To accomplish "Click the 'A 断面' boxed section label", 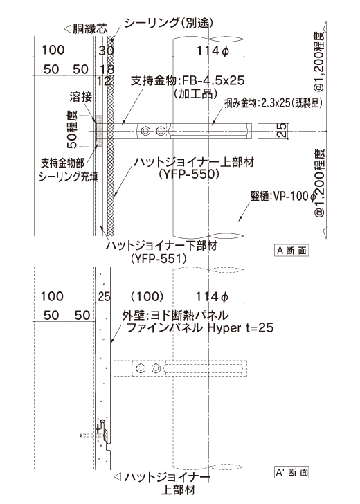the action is point(291,251).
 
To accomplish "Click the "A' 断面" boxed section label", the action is point(291,472).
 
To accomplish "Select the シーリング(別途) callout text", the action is point(169,22).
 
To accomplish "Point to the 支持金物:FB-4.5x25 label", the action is point(188,80).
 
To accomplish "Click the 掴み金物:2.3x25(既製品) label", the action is point(273,103).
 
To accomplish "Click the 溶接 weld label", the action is point(81,97).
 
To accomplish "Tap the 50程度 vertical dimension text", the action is point(72,129).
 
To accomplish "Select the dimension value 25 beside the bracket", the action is point(282,130).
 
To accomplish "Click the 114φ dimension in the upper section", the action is point(213,51).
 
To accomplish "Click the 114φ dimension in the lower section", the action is point(212,297).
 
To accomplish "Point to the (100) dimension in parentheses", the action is point(147,296).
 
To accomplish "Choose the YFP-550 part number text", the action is point(189,174).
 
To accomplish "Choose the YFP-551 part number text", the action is point(159,258).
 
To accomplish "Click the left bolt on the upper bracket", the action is point(145,131).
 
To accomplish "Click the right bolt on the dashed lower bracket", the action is point(156,368).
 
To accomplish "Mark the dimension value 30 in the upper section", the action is point(106,51).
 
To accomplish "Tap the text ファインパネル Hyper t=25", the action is point(199,328).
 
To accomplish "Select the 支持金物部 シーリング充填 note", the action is point(68,170).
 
